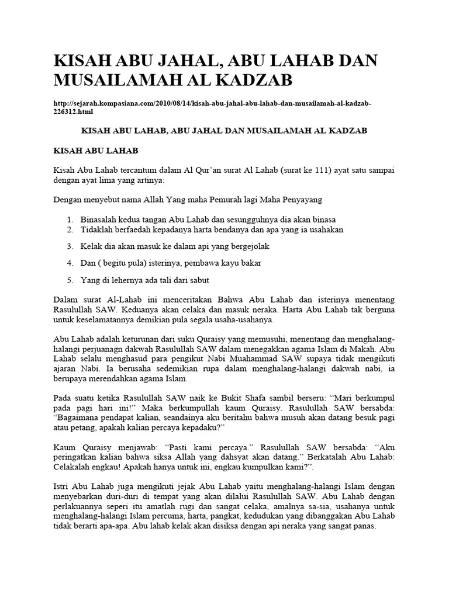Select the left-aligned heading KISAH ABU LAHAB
tap(95, 150)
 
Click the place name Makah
tap(367, 350)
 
